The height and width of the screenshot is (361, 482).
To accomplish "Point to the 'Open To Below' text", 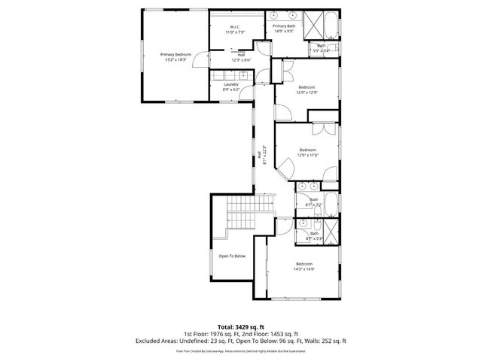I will pyautogui.click(x=232, y=256).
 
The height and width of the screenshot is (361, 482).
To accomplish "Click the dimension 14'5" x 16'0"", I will pyautogui.click(x=304, y=268).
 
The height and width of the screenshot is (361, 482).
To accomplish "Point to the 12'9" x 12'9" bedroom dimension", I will pyautogui.click(x=307, y=93).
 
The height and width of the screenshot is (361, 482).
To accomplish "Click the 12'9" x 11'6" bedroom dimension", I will pyautogui.click(x=309, y=155).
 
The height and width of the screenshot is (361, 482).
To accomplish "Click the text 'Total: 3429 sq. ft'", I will pyautogui.click(x=241, y=326).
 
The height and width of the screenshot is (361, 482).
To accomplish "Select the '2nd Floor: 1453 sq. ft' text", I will pyautogui.click(x=267, y=333).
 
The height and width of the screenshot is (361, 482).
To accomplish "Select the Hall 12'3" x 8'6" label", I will pyautogui.click(x=241, y=57).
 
